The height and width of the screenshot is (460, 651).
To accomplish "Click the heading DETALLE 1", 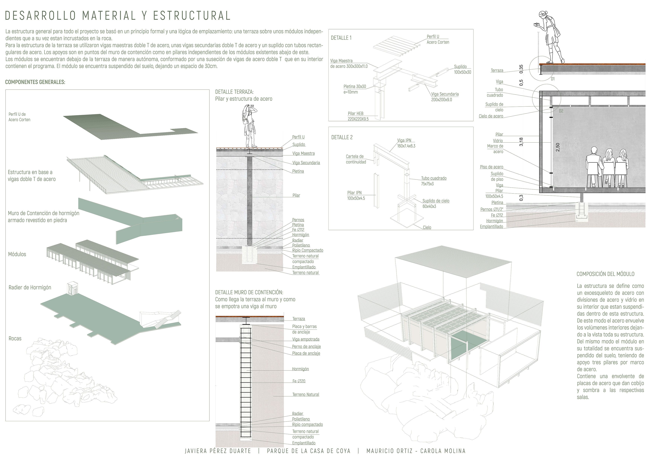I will coord(341,38).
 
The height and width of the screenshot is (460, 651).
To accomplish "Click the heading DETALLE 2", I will coord(342,137).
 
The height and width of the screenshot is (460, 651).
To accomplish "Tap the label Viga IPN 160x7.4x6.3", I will coord(406,143).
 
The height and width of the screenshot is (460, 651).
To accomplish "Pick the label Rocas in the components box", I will coord(15,338).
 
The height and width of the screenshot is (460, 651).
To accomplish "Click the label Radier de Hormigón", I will coord(30,288).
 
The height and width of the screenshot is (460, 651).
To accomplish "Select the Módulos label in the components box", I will coord(17,254).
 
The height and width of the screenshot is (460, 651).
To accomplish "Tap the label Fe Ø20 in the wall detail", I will coord(299,381).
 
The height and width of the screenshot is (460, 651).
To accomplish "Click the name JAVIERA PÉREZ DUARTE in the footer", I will coord(218,451).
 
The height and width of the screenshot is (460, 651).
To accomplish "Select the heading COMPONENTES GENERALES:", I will coord(35,82).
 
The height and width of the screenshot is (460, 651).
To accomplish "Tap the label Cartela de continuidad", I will coord(356,159).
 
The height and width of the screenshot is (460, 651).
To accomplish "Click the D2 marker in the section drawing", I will coord(561,111).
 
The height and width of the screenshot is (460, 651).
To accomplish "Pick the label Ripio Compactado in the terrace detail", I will coord(308,250).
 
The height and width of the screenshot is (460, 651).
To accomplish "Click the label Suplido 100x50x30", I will coord(462,69).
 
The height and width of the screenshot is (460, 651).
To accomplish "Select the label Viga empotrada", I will coord(306,339).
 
